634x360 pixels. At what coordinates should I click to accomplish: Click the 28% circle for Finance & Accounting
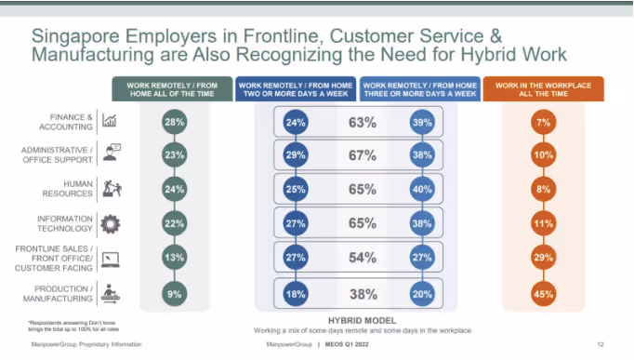tap(173, 122)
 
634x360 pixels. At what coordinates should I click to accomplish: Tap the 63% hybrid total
tap(362, 122)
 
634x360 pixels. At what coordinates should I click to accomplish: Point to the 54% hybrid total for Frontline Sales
tap(362, 258)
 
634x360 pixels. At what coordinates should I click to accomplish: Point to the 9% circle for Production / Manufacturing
tap(173, 296)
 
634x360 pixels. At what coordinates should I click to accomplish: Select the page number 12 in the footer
tap(600, 345)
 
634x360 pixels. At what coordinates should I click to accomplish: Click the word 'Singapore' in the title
tap(74, 34)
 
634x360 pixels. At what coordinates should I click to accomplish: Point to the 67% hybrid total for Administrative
tap(362, 155)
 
